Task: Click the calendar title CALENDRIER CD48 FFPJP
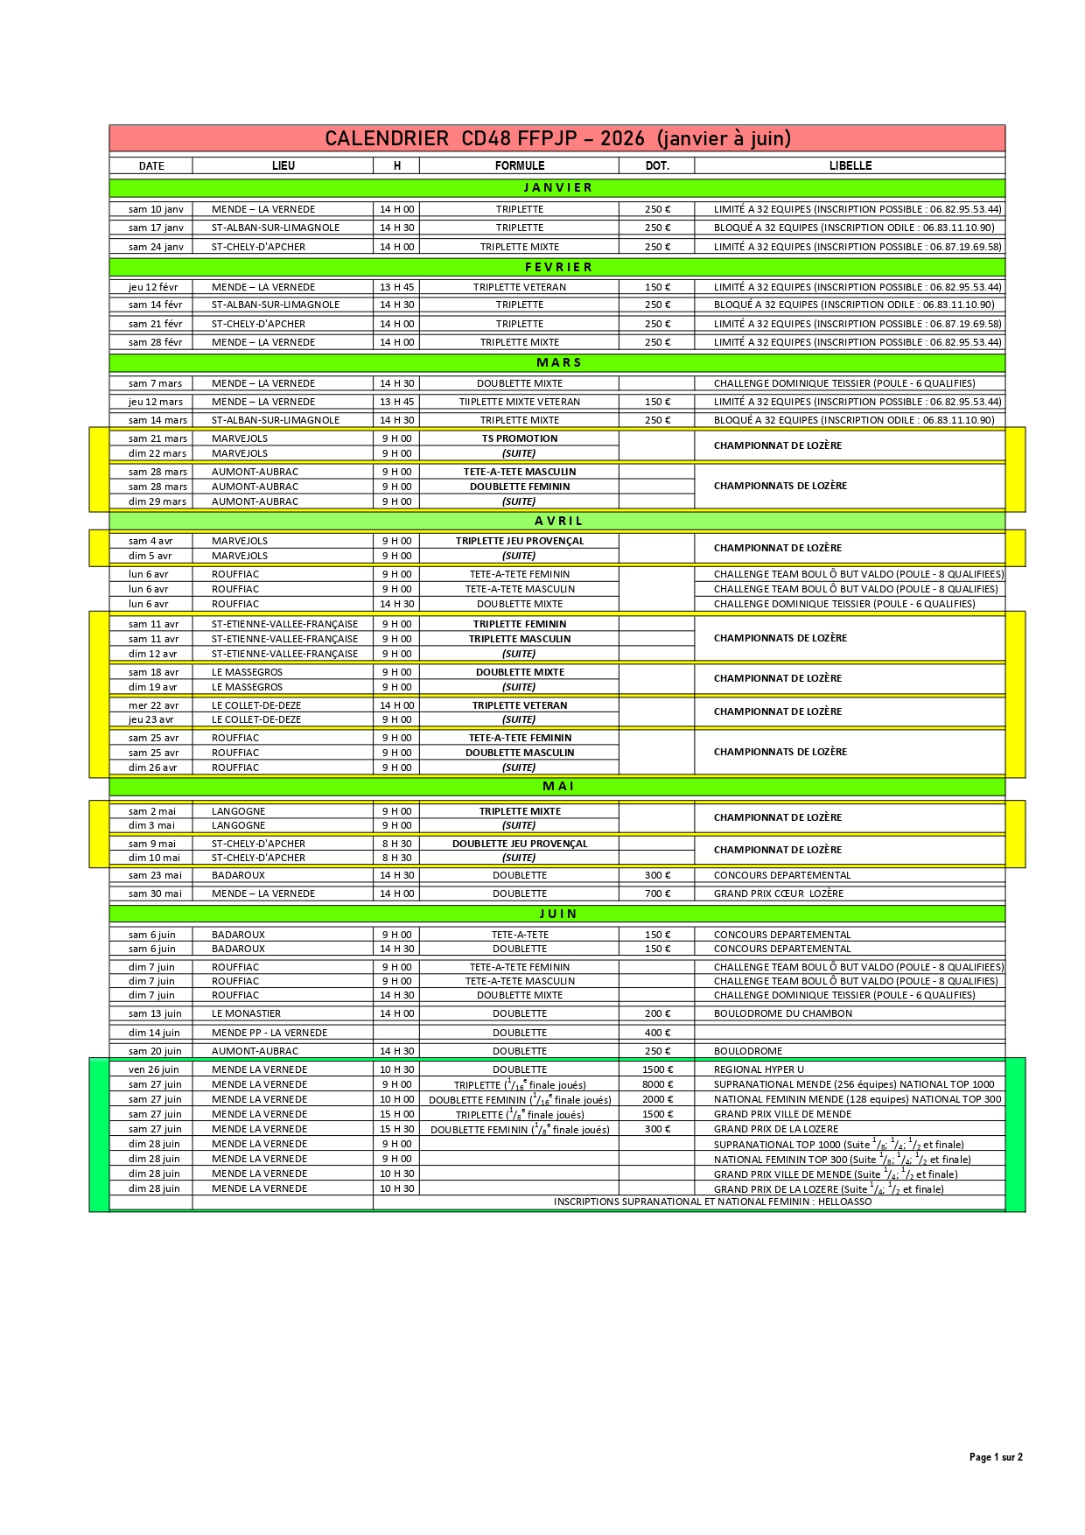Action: pyautogui.click(x=557, y=138)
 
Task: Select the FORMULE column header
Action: pyautogui.click(x=520, y=165)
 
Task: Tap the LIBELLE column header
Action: pyautogui.click(x=850, y=165)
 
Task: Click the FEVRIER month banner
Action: pyautogui.click(x=557, y=267)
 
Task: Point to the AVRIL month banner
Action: pyautogui.click(x=557, y=521)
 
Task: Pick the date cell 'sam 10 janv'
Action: pyautogui.click(x=156, y=209)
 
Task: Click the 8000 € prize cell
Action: pyautogui.click(x=657, y=1084)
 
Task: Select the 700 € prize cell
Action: pyautogui.click(x=657, y=894)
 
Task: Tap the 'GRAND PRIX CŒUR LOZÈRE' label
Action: pyautogui.click(x=779, y=894)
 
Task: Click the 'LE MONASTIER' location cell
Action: pyautogui.click(x=246, y=1013)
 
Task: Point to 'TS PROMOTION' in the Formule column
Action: pyautogui.click(x=520, y=438)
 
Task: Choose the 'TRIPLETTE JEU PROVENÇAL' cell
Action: pyautogui.click(x=520, y=541)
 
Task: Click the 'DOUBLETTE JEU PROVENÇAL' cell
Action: pyautogui.click(x=520, y=844)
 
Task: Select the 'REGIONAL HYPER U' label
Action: pyautogui.click(x=759, y=1069)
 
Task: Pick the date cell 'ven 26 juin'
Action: pyautogui.click(x=154, y=1069)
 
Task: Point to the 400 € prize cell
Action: pyautogui.click(x=657, y=1033)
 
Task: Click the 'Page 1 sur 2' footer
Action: pyautogui.click(x=996, y=1457)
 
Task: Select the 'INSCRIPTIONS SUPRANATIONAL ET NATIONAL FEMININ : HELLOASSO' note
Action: pyautogui.click(x=712, y=1202)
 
